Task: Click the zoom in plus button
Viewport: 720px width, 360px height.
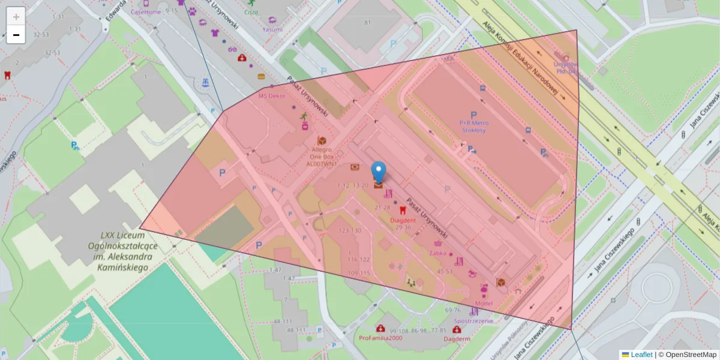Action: pyautogui.click(x=16, y=17)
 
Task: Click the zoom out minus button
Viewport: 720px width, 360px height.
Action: pyautogui.click(x=16, y=35)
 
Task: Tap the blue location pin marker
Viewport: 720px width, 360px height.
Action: pyautogui.click(x=379, y=172)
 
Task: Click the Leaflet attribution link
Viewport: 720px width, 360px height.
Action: pyautogui.click(x=641, y=355)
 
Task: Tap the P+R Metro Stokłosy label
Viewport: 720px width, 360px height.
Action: pyautogui.click(x=473, y=126)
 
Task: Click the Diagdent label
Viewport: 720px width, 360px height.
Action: pyautogui.click(x=403, y=220)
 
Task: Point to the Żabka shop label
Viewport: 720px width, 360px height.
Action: pyautogui.click(x=438, y=253)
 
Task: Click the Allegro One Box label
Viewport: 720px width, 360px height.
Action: pyautogui.click(x=322, y=155)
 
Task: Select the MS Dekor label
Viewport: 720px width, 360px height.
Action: pyautogui.click(x=272, y=95)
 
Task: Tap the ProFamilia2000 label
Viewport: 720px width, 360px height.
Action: pyautogui.click(x=380, y=338)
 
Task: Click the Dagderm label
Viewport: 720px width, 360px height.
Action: pyautogui.click(x=457, y=338)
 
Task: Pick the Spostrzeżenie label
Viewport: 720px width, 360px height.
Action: pyautogui.click(x=473, y=320)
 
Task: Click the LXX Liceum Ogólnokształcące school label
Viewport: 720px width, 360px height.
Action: pyautogui.click(x=122, y=250)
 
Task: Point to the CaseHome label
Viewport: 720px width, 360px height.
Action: pyautogui.click(x=146, y=11)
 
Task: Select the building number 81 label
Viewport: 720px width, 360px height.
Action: pyautogui.click(x=367, y=23)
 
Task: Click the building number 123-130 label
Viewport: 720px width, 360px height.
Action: pyautogui.click(x=350, y=230)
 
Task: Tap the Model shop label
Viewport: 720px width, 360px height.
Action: pyautogui.click(x=483, y=303)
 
